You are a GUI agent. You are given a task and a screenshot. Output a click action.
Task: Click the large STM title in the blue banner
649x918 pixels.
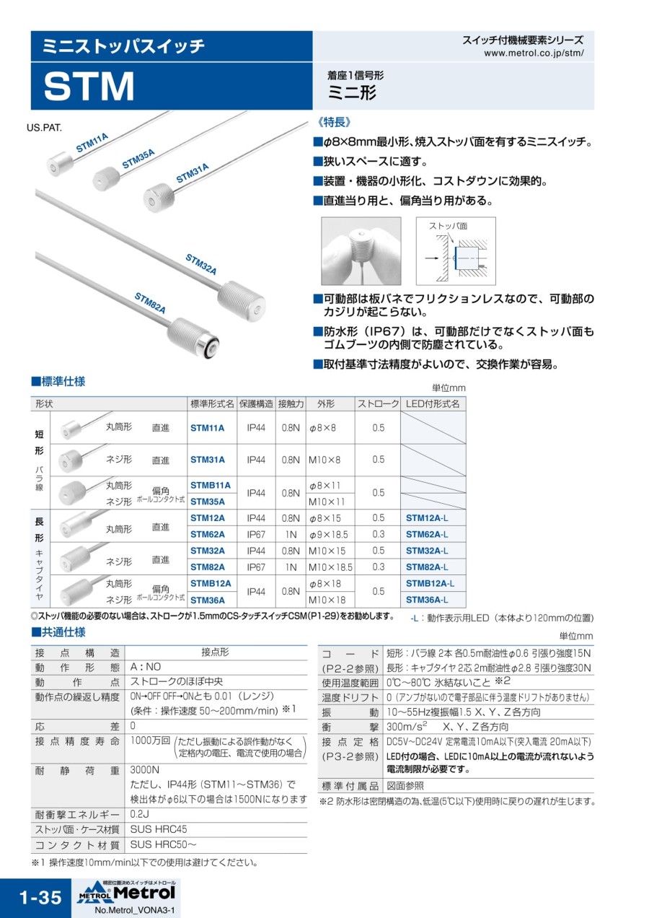pyautogui.click(x=89, y=86)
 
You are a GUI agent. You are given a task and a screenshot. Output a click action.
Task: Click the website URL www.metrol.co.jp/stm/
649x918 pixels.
pyautogui.click(x=534, y=53)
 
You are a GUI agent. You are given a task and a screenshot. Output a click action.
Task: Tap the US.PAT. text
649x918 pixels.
pyautogui.click(x=44, y=127)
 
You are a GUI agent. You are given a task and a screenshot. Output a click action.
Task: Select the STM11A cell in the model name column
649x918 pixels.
pyautogui.click(x=207, y=428)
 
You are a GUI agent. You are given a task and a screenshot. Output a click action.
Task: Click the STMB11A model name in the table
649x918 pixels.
pyautogui.click(x=210, y=485)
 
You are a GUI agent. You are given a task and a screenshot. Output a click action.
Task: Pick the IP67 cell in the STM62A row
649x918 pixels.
pyautogui.click(x=256, y=535)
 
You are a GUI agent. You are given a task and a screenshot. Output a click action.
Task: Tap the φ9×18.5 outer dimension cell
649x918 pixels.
pyautogui.click(x=328, y=535)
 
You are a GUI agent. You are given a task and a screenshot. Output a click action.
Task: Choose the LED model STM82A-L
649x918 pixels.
pyautogui.click(x=427, y=567)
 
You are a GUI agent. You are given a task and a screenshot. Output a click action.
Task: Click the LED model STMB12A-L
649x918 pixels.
pyautogui.click(x=430, y=583)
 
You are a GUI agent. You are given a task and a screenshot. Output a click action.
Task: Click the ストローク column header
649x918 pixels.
pyautogui.click(x=378, y=404)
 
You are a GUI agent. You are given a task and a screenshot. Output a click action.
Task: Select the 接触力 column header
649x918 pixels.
pyautogui.click(x=291, y=404)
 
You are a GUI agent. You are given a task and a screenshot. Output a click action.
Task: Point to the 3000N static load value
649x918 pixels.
pyautogui.click(x=144, y=770)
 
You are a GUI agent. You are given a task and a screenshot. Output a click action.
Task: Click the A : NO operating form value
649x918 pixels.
pyautogui.click(x=146, y=667)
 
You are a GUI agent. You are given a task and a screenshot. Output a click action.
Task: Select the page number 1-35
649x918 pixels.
pyautogui.click(x=40, y=898)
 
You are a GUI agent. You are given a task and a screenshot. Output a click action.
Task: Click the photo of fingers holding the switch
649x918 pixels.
pyautogui.click(x=361, y=250)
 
